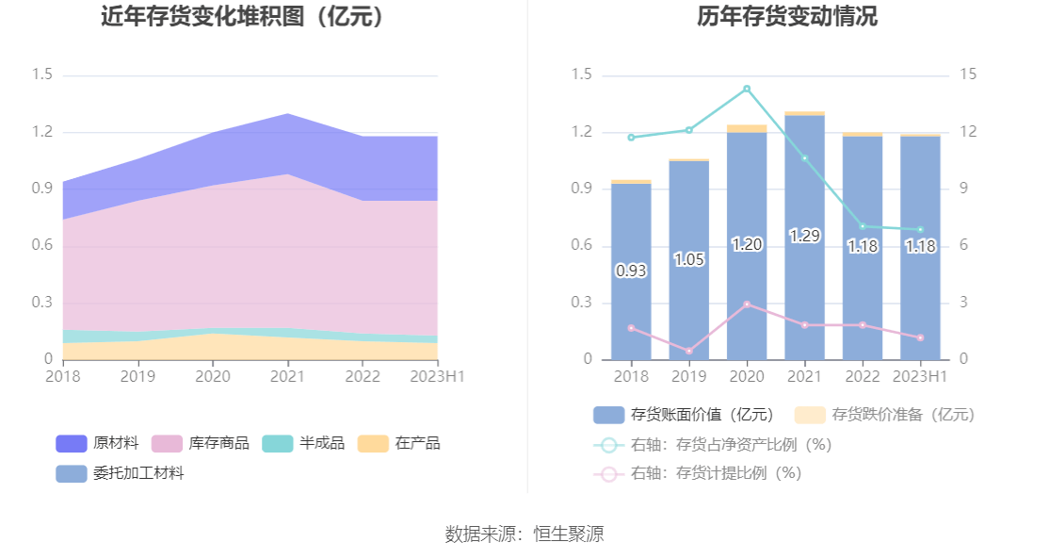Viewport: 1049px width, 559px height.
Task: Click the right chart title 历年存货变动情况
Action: click(787, 17)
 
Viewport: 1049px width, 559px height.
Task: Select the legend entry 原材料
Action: click(99, 443)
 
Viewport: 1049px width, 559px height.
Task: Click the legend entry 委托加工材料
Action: click(121, 473)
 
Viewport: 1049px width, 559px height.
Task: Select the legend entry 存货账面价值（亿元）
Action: click(685, 415)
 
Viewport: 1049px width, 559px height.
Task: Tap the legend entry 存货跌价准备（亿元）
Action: click(885, 415)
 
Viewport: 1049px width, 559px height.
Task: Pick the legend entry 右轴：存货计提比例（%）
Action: click(698, 473)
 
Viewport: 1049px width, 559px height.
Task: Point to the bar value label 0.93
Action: click(631, 271)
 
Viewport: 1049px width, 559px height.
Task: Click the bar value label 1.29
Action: click(804, 236)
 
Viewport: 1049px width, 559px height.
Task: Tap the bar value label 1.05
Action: click(689, 259)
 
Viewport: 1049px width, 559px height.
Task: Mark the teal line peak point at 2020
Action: click(747, 89)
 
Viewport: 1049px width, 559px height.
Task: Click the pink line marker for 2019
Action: click(689, 352)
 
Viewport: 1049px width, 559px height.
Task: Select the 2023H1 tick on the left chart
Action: click(437, 376)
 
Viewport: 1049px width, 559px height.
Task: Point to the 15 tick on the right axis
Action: click(968, 74)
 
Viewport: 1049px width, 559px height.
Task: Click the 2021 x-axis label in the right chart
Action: click(804, 376)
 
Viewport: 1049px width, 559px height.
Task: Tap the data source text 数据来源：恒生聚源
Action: click(524, 534)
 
